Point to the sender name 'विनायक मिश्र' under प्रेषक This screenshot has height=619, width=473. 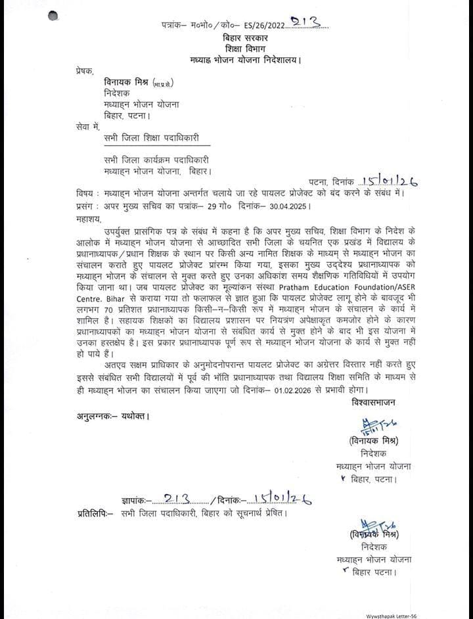click(x=126, y=83)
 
